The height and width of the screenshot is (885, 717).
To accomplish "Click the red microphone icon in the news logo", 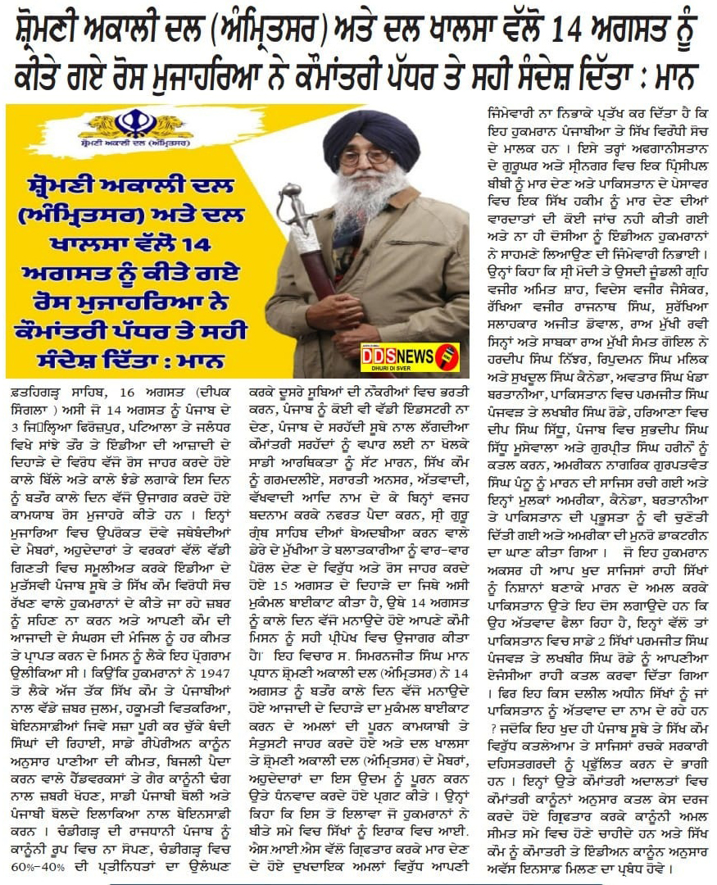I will point(449,357).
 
